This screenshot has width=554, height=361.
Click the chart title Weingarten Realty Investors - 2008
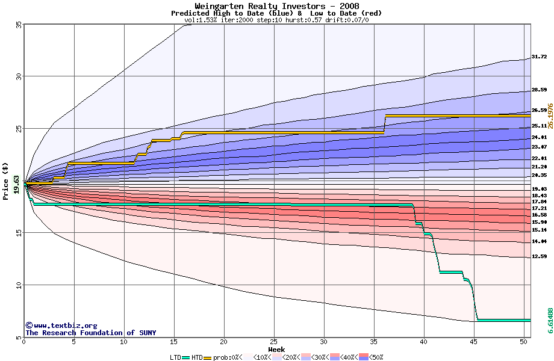(x=277, y=6)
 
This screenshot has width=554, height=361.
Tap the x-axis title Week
(x=276, y=350)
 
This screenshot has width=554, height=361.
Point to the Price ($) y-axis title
(x=6, y=181)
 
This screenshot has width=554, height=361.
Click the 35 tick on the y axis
(x=19, y=25)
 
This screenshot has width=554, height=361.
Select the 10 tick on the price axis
(x=19, y=285)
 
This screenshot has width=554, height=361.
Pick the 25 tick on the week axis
(x=274, y=342)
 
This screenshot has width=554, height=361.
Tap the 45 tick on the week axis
(x=474, y=342)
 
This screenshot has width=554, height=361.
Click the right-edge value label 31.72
(x=539, y=57)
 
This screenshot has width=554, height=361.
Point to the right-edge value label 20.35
(x=539, y=175)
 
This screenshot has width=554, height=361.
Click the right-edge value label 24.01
(x=539, y=137)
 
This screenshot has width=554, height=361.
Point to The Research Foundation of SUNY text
(x=90, y=333)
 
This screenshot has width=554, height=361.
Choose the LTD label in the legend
(x=175, y=357)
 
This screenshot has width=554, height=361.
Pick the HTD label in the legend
(x=197, y=357)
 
